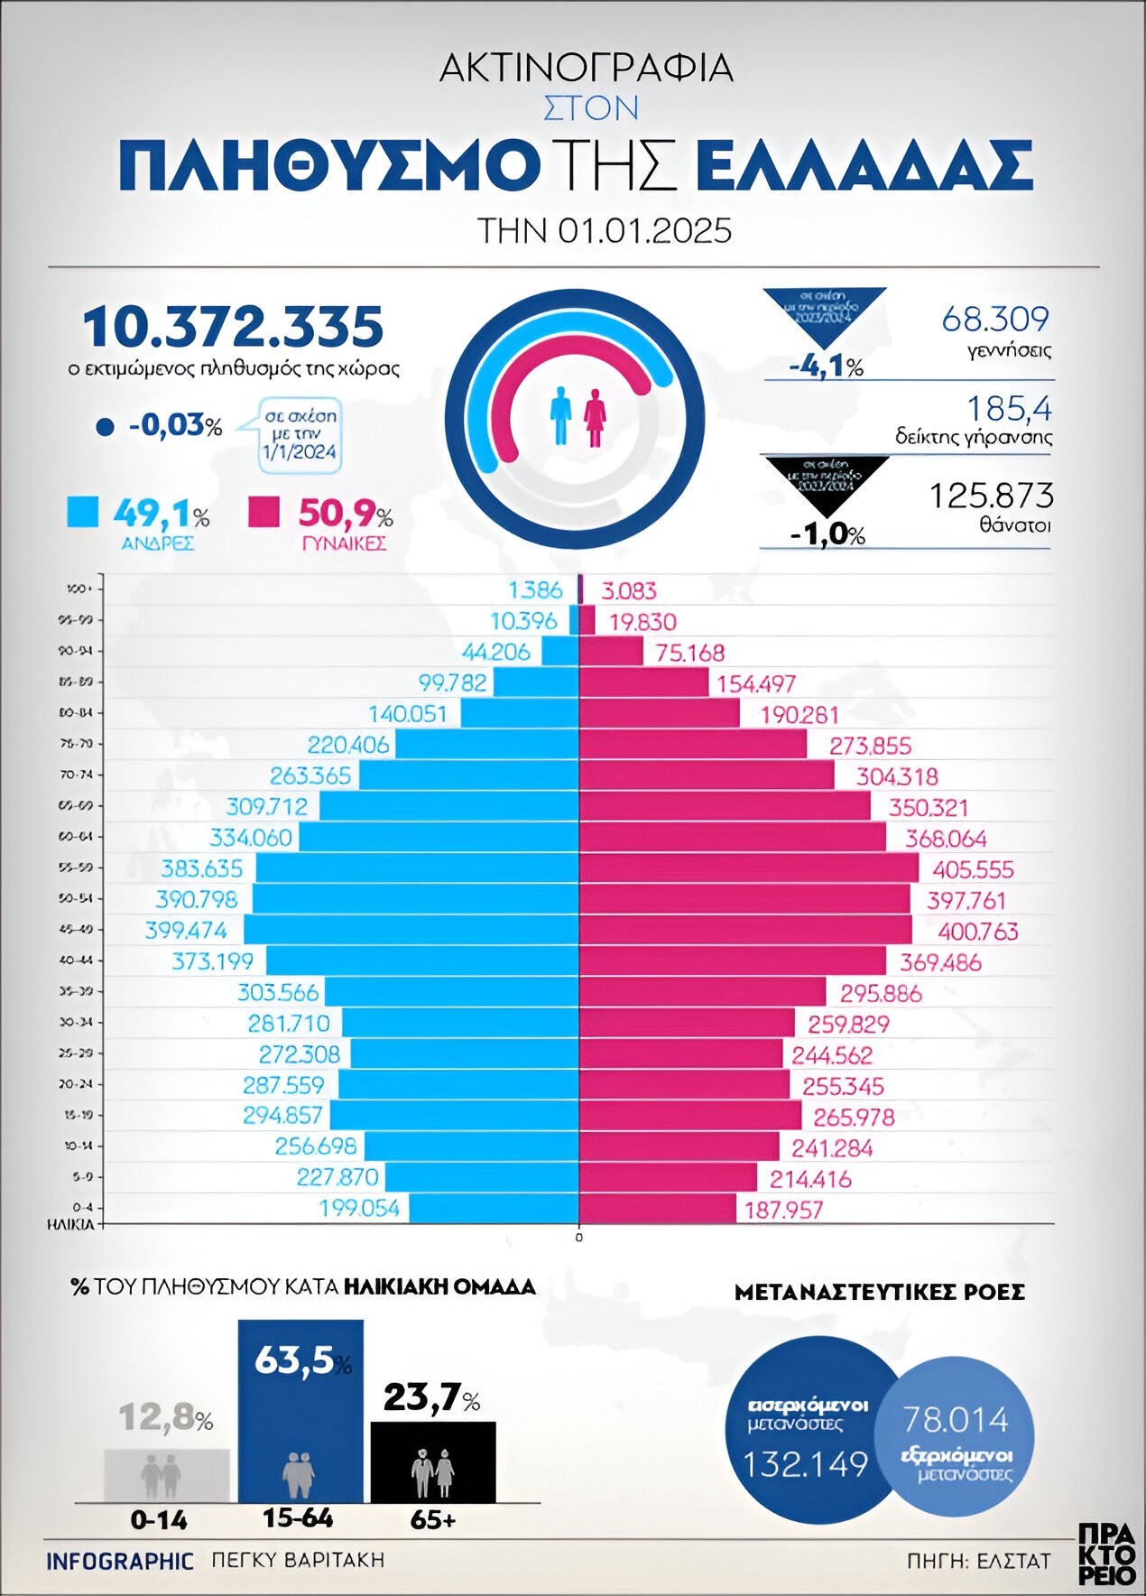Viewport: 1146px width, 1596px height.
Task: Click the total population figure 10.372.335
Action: coord(233,327)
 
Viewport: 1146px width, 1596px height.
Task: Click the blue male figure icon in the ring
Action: coord(561,416)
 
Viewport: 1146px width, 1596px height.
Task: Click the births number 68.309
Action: coord(995,319)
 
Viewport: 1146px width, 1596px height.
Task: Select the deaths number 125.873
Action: coord(991,496)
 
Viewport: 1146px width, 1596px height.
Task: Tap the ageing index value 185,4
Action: coord(1009,409)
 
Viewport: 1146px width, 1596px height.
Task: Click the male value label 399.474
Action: coord(186,930)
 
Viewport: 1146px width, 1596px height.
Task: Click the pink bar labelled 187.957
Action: coord(657,1208)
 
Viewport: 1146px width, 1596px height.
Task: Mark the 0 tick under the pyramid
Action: coord(579,1237)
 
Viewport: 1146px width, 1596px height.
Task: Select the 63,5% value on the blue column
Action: coord(295,1360)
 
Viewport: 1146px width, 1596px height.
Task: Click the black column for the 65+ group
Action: coord(433,1462)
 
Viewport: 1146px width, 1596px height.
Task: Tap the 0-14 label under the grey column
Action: coord(159,1520)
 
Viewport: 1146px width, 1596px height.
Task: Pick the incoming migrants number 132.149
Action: coord(805,1463)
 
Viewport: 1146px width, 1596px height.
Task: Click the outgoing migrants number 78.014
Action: coord(956,1420)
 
